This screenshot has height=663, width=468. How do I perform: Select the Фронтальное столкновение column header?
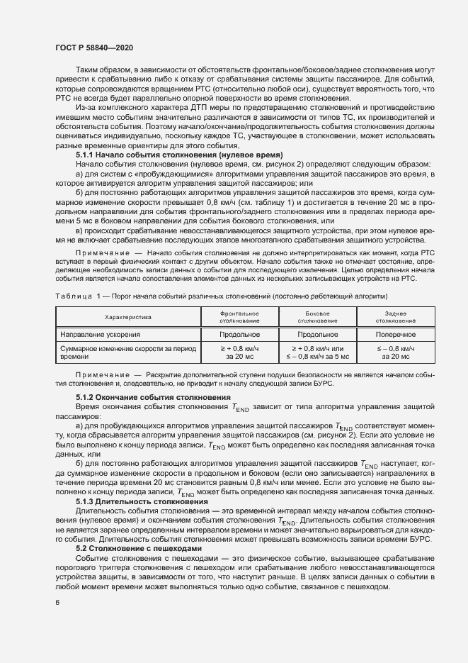240,316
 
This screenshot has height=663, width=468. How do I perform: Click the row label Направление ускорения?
100,333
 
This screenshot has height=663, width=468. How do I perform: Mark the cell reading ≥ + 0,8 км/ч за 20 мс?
240,352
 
